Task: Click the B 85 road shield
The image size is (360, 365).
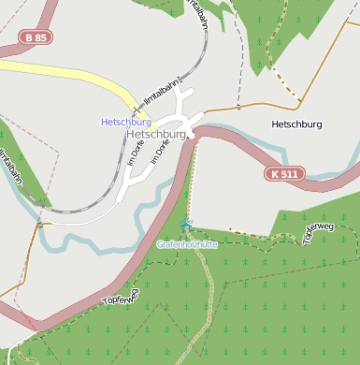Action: pyautogui.click(x=36, y=38)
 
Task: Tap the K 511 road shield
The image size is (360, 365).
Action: pyautogui.click(x=287, y=174)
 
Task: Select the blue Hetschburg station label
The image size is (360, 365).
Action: pyautogui.click(x=126, y=122)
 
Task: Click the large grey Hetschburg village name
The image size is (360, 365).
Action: pyautogui.click(x=155, y=134)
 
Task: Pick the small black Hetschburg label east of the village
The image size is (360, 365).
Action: pyautogui.click(x=296, y=124)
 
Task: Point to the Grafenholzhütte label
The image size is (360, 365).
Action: pyautogui.click(x=187, y=243)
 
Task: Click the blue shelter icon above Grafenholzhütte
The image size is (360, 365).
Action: pyautogui.click(x=187, y=225)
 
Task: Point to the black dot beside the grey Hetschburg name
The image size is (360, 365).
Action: pyautogui.click(x=188, y=134)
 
